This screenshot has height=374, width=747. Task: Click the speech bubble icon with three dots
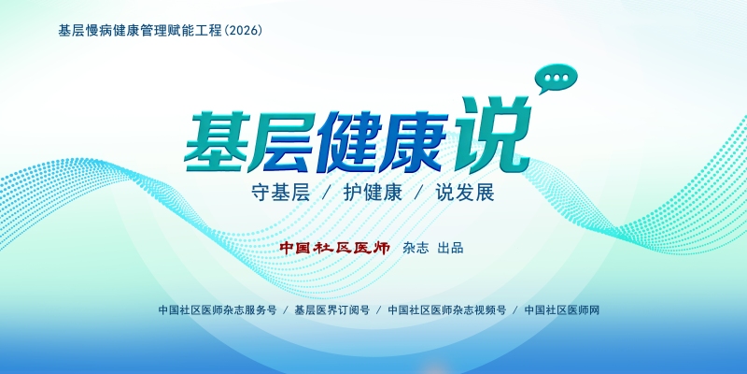pos(557,79)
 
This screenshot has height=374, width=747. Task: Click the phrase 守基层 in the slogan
pos(281,194)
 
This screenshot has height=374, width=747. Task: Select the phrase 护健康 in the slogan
pos(373,194)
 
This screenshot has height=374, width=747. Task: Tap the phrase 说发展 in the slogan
pos(465,194)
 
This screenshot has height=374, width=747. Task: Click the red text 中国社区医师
pos(335,248)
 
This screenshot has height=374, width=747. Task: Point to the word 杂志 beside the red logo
pos(416,248)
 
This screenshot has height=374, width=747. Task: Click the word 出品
pos(451,248)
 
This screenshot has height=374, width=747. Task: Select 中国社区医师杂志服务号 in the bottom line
pos(218,310)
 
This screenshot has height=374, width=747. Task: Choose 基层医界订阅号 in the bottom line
pos(332,310)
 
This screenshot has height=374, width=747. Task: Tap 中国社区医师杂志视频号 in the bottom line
pos(447,310)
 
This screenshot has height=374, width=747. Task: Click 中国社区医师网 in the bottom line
pos(562,310)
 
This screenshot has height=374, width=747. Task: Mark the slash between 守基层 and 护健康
pos(327,194)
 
